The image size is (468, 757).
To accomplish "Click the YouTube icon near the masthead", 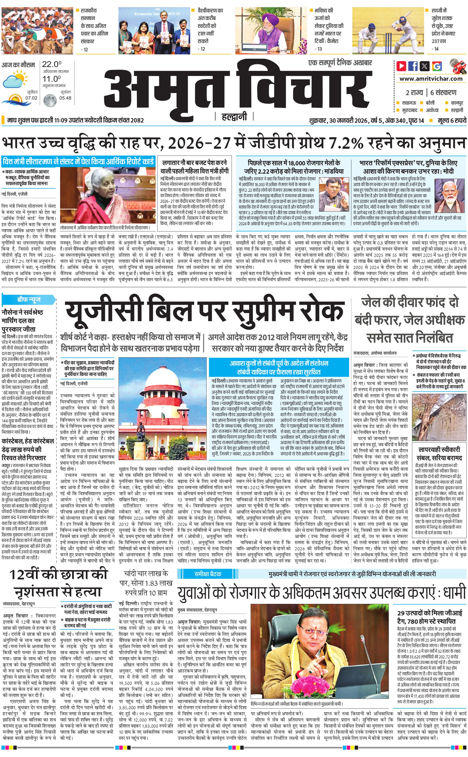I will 401,66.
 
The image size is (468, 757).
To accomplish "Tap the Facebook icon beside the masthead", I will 413,66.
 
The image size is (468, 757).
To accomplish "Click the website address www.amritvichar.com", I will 431,79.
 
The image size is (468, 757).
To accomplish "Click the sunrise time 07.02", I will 32,98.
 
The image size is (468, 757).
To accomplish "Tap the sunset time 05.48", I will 65,98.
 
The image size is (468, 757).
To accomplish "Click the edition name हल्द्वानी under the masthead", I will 234,117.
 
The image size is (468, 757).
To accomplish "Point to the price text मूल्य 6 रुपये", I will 452,120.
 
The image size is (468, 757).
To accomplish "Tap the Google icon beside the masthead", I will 437,66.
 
